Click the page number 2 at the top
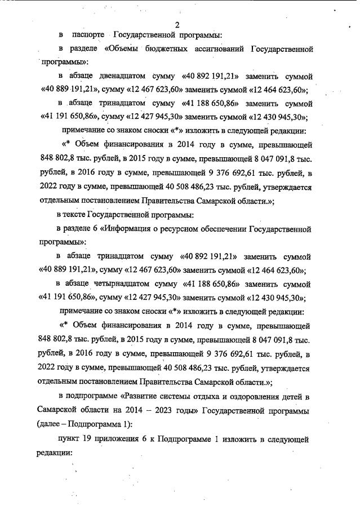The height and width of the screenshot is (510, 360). (177, 25)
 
